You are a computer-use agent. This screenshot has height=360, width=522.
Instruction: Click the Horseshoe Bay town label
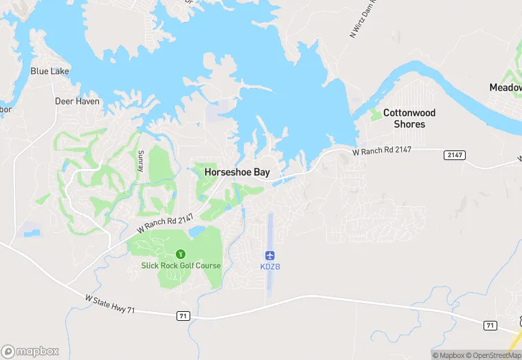tap(237, 173)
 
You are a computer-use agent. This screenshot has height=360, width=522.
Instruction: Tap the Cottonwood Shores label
tap(409, 118)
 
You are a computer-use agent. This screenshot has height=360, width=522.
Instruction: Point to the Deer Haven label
tap(77, 101)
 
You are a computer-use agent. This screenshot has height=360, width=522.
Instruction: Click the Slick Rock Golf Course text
tap(181, 266)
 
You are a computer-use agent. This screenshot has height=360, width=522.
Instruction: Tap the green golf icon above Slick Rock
tap(181, 254)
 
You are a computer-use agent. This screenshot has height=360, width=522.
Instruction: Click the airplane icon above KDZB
tap(270, 255)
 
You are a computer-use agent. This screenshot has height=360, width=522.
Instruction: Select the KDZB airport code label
tap(270, 267)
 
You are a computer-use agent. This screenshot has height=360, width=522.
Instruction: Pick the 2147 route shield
tap(455, 155)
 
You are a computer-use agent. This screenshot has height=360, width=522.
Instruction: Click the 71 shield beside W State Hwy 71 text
tap(182, 315)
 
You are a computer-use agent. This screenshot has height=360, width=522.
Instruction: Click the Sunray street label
tap(141, 161)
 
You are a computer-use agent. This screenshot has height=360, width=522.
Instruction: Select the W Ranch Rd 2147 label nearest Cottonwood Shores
tap(382, 151)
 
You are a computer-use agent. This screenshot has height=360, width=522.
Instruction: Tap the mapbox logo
tap(30, 350)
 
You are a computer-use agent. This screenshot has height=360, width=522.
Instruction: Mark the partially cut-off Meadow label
tap(506, 87)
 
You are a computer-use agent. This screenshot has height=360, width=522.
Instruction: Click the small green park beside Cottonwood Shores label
tap(375, 115)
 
